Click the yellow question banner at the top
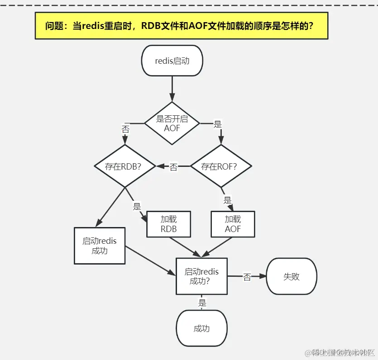[x=181, y=25]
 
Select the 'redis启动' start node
[x=172, y=61]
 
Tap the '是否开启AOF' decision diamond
[x=172, y=123]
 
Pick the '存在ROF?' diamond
[x=220, y=166]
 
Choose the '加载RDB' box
[x=168, y=224]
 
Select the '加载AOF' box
[x=233, y=224]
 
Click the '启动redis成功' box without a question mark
[x=100, y=246]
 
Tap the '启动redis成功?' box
[x=201, y=276]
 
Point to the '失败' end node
[x=292, y=276]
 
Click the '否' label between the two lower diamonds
[x=173, y=167]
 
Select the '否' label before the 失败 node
[x=247, y=277]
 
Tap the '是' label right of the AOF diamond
[x=217, y=123]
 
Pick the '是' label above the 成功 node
[x=202, y=303]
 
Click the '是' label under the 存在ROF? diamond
[x=227, y=200]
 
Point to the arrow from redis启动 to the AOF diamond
[x=172, y=89]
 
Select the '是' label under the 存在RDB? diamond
[x=137, y=207]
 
